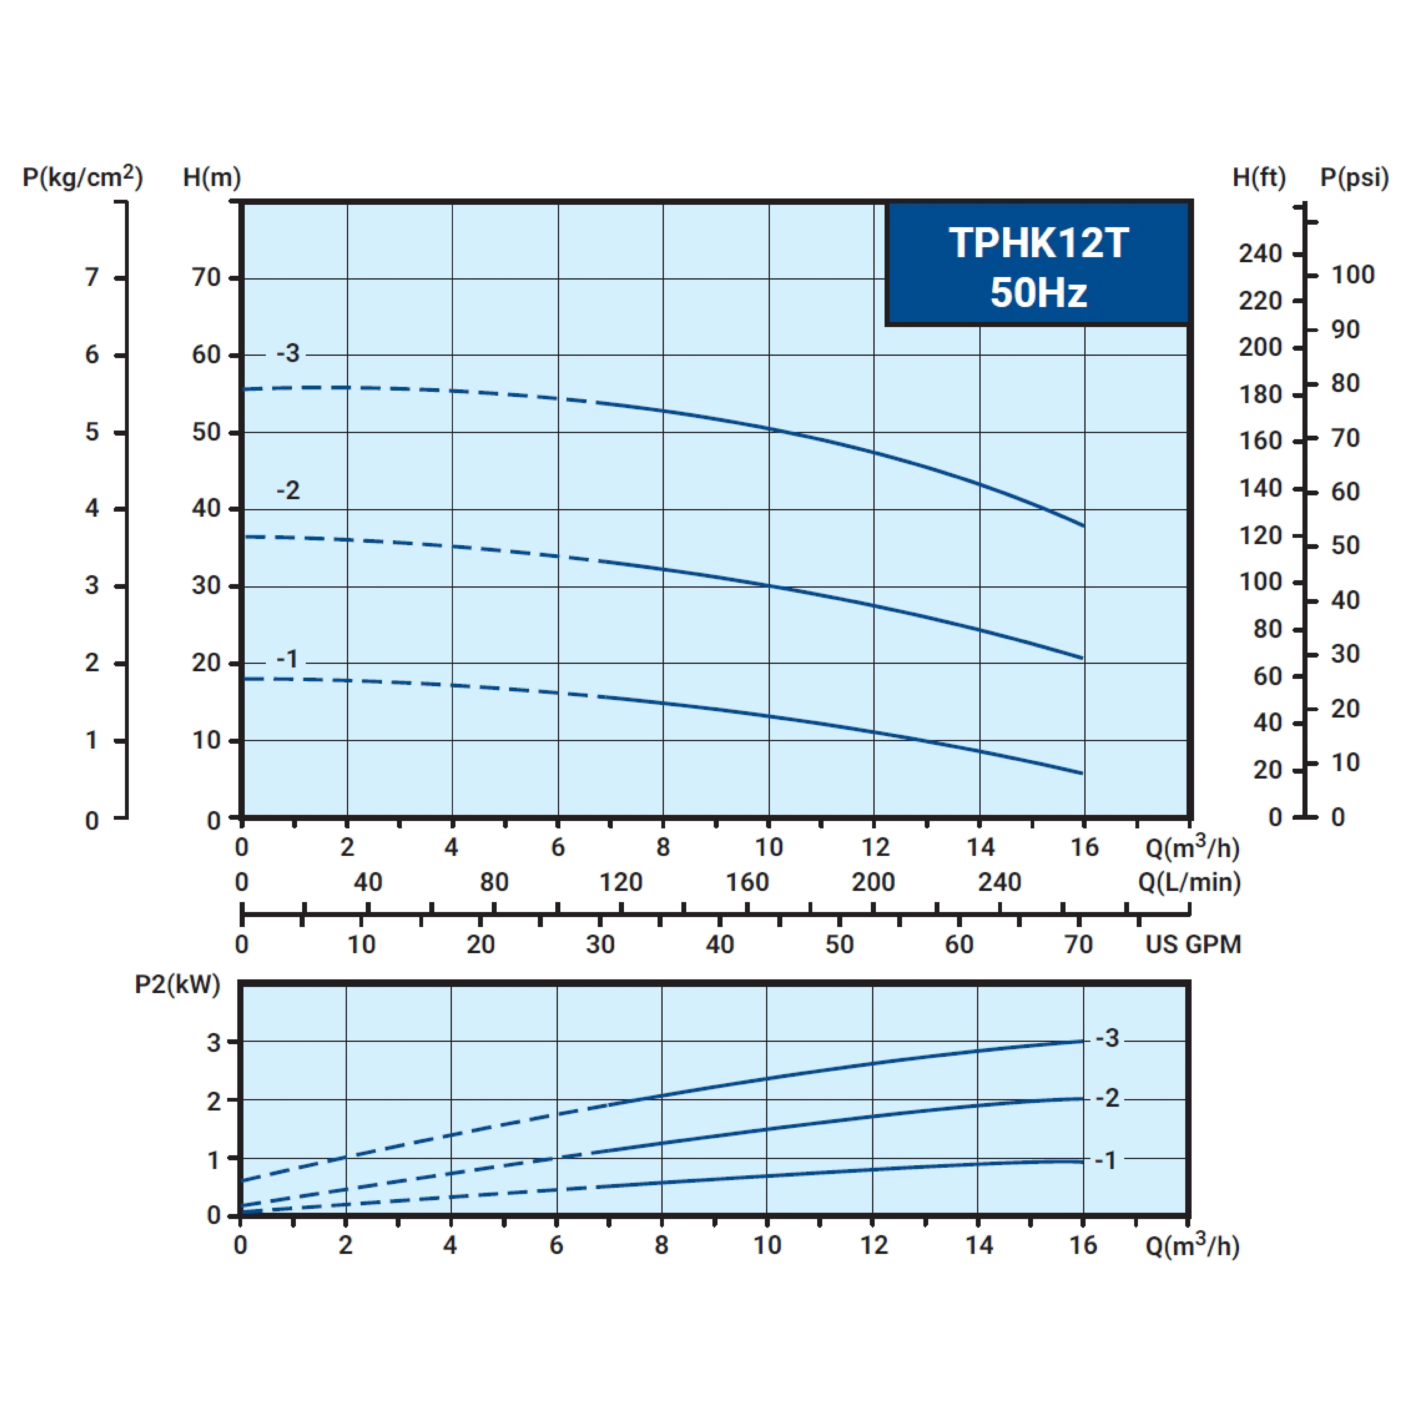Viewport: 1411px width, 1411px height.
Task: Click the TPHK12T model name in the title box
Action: (x=1038, y=243)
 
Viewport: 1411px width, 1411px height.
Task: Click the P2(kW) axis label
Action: (x=178, y=984)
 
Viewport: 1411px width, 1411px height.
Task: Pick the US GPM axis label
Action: (x=1193, y=944)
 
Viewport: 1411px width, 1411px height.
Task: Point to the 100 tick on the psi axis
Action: (x=1352, y=275)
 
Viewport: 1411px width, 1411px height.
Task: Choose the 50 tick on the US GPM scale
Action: (x=839, y=944)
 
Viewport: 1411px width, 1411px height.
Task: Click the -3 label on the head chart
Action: (x=288, y=353)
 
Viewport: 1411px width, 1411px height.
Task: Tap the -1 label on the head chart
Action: (x=287, y=660)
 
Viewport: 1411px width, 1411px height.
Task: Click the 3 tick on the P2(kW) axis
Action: (x=213, y=1042)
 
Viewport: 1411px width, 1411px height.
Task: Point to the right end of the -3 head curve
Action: (x=1083, y=525)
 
